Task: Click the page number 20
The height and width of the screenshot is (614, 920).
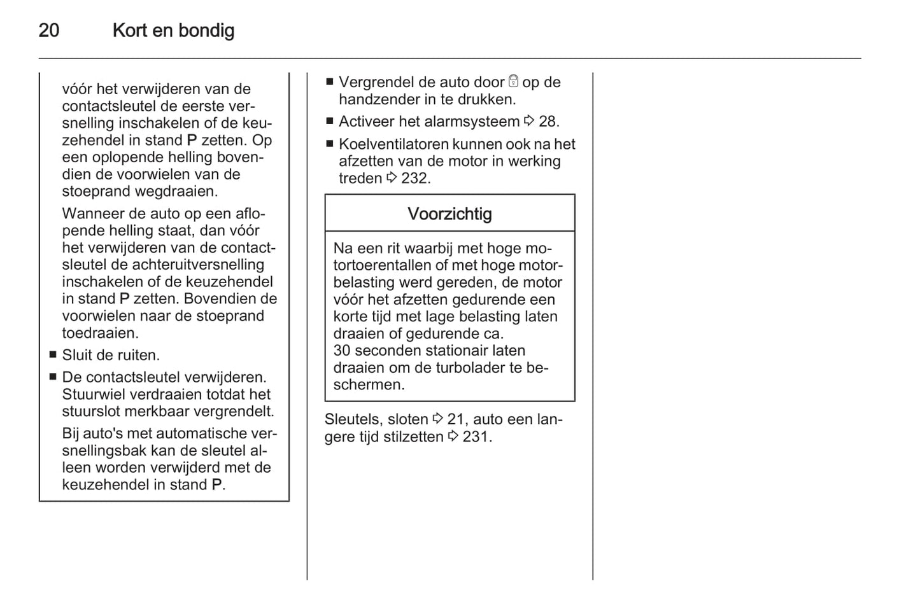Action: point(49,31)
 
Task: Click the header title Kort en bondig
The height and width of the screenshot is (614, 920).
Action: point(173,31)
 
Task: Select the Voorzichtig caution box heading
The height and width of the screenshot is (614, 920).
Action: point(449,214)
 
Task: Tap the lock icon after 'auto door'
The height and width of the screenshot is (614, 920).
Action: point(513,82)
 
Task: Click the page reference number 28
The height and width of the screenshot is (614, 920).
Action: point(548,122)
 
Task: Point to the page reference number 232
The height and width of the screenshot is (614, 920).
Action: point(415,179)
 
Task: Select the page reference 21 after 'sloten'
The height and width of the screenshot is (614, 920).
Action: point(456,419)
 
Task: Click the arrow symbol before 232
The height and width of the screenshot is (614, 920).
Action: point(392,178)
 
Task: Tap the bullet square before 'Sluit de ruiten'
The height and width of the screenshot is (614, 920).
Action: point(53,355)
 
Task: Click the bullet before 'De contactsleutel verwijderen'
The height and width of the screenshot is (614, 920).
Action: point(53,377)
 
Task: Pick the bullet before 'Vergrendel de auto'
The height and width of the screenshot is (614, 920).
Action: point(330,82)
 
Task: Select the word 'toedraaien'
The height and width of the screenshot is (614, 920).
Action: point(100,333)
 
